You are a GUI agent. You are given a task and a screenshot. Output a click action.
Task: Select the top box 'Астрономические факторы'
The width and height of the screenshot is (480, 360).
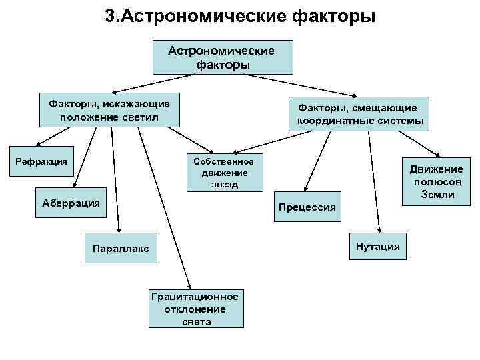223,57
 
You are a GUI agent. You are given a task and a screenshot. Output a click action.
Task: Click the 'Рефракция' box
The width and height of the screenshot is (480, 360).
41,161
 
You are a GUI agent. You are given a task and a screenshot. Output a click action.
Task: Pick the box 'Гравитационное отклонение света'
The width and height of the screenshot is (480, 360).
196,309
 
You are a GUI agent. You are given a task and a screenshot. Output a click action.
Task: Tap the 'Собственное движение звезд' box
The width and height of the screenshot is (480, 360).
223,173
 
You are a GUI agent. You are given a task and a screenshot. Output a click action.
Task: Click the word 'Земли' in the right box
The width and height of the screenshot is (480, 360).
437,195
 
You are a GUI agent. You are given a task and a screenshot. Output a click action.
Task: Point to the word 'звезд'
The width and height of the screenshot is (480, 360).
223,185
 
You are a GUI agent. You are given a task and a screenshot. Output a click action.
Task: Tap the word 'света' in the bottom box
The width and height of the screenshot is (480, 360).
196,321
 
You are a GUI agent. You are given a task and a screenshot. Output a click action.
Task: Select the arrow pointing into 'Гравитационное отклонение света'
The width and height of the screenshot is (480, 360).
161,213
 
